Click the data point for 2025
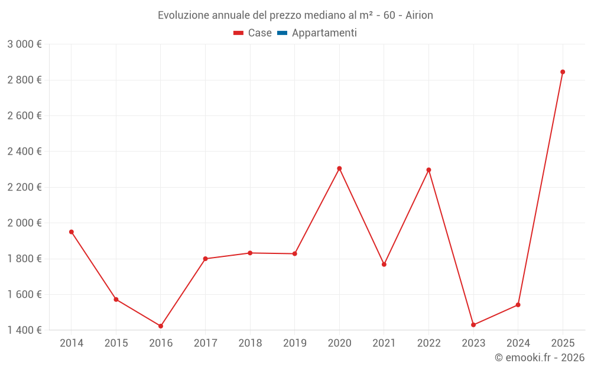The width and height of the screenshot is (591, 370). tap(563, 72)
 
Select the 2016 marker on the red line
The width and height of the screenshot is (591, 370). tap(161, 326)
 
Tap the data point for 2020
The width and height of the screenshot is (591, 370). tap(339, 169)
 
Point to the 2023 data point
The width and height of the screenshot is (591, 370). tap(473, 325)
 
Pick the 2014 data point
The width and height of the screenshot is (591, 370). tap(72, 232)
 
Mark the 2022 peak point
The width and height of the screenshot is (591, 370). tap(428, 170)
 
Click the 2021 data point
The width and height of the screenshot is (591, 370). tap(384, 265)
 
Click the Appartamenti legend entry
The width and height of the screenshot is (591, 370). tap(324, 33)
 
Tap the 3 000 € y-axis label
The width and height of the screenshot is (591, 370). tap(24, 44)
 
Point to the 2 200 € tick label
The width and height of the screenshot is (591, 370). tap(24, 187)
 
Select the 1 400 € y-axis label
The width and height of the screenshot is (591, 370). tap(24, 330)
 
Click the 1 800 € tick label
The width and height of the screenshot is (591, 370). tap(24, 259)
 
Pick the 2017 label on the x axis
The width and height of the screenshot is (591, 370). tap(205, 343)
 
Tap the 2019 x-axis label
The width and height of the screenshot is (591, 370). tap(294, 343)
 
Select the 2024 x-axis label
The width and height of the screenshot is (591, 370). tap(518, 343)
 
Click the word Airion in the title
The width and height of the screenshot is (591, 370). tap(419, 15)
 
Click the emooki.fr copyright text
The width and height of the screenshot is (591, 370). tap(540, 358)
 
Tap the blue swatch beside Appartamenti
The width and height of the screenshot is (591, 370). tap(282, 33)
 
